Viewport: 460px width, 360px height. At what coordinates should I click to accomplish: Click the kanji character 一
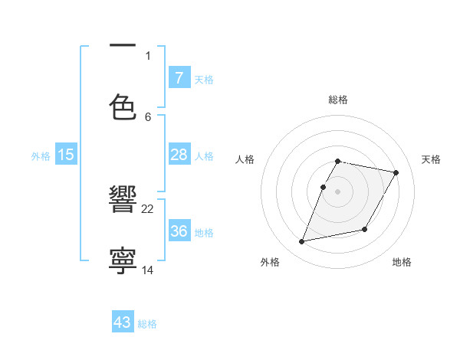tap(123, 46)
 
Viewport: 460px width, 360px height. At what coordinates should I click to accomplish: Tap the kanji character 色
tap(123, 106)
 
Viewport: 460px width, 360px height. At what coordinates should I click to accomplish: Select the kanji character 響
tap(123, 201)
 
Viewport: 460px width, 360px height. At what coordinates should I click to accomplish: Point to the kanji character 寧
tap(123, 260)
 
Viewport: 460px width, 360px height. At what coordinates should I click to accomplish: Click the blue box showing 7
tap(179, 78)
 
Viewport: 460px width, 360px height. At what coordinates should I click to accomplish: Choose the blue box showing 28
tap(179, 155)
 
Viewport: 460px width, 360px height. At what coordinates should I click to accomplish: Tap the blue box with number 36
tap(179, 231)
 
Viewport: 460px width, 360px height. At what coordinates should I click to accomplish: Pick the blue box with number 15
tap(66, 155)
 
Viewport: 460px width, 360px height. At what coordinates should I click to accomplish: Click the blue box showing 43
tap(123, 322)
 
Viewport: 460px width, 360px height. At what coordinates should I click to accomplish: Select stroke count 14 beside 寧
tap(148, 270)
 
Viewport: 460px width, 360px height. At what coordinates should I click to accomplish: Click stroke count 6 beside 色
tap(148, 116)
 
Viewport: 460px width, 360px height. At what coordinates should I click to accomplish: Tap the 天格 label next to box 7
tap(204, 79)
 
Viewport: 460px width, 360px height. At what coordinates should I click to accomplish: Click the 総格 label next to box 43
tap(147, 324)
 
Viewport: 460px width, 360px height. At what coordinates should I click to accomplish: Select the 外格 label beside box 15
tap(41, 156)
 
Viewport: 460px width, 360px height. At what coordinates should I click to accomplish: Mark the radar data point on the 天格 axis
tap(396, 173)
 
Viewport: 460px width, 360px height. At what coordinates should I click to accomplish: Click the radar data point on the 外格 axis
tap(302, 242)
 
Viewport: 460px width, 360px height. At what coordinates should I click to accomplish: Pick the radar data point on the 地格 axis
tap(365, 230)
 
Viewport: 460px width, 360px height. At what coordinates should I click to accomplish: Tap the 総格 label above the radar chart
tap(338, 100)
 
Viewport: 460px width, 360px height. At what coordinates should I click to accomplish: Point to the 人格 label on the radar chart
tap(245, 159)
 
